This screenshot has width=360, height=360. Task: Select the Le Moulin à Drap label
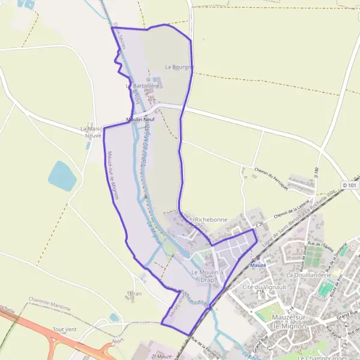click(207, 276)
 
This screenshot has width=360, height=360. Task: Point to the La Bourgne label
click(179, 67)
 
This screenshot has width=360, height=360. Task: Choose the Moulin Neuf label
click(140, 120)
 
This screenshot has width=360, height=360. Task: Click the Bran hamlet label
click(135, 294)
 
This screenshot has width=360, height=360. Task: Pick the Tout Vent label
click(64, 329)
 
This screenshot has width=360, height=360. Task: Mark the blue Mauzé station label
click(258, 265)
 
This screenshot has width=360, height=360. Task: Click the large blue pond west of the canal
click(62, 175)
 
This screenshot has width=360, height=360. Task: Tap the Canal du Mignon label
click(144, 149)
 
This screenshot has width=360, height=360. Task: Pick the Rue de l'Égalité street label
click(320, 245)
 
